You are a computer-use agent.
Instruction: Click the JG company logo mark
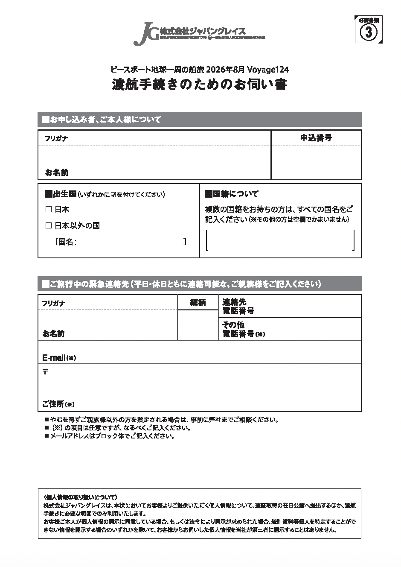tap(145, 33)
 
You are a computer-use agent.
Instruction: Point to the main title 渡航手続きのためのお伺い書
tap(199, 85)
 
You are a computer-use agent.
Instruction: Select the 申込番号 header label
tap(316, 138)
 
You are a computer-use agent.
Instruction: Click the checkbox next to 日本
tap(48, 210)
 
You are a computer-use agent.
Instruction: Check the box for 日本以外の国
tap(48, 225)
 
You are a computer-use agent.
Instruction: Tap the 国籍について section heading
tap(232, 194)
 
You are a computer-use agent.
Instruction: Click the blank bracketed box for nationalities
tap(280, 240)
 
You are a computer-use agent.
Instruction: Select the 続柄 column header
tap(198, 303)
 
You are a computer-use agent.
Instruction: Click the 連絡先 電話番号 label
tap(238, 306)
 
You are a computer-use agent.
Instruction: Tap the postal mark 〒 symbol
tap(45, 372)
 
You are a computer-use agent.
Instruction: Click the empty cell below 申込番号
tap(316, 162)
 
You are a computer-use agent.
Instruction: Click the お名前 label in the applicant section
tap(56, 172)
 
